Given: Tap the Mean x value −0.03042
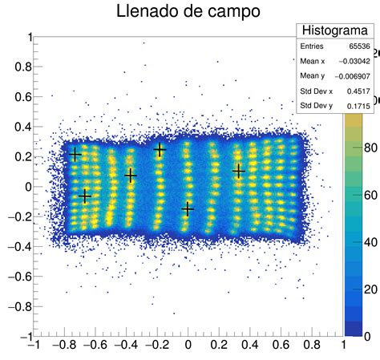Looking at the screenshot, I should pos(353,62).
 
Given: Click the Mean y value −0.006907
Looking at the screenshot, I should pos(350,76).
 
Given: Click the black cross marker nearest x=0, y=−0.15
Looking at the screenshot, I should pos(188,208).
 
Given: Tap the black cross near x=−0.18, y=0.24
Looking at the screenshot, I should pos(160,150).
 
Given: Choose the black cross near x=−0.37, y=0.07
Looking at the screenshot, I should pos(131,175).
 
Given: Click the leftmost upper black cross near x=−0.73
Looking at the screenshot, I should pos(75,155).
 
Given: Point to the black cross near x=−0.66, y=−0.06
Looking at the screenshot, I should pos(86,196).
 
